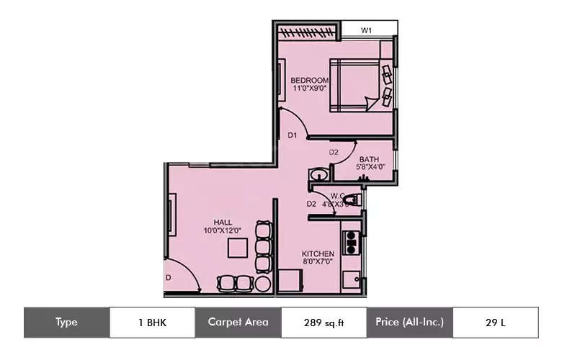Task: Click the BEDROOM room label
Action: tap(309, 80)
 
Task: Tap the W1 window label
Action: tap(366, 30)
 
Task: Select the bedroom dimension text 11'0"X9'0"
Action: tap(311, 89)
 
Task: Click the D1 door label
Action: tap(293, 135)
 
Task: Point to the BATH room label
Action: tap(369, 159)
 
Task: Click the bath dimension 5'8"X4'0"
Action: tap(370, 167)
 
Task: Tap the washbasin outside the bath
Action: tap(317, 176)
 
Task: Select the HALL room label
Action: tap(222, 222)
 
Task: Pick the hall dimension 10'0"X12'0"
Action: tap(222, 230)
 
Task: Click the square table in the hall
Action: tap(238, 248)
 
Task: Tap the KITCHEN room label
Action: tap(318, 254)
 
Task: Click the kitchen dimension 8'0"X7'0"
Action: tap(318, 263)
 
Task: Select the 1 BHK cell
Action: tap(152, 323)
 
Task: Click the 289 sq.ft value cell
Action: tap(324, 323)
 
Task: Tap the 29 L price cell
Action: tap(495, 323)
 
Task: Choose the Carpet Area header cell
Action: tap(238, 323)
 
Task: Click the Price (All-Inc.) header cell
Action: tap(409, 323)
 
